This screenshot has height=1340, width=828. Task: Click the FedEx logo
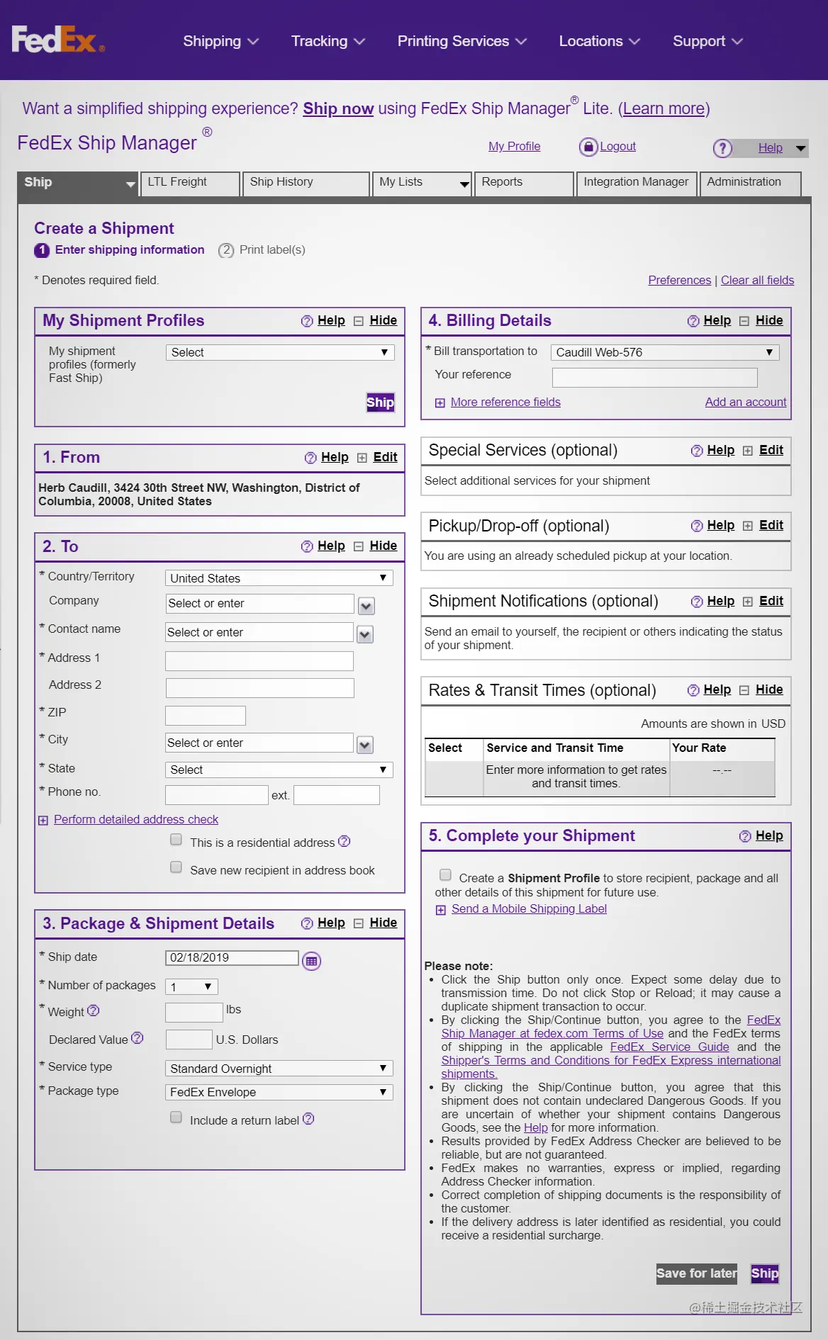[57, 40]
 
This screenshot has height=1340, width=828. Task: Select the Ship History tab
[305, 182]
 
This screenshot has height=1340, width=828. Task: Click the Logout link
[617, 147]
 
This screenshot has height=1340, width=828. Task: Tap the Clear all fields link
[757, 281]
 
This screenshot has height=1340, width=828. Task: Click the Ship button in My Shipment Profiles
[380, 402]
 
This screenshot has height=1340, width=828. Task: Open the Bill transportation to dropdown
[664, 352]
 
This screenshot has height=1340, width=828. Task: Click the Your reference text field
[654, 377]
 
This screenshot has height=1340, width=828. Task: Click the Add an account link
[745, 402]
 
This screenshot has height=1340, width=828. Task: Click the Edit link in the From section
[385, 458]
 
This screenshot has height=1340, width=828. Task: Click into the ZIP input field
[206, 716]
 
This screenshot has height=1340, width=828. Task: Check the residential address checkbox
[177, 840]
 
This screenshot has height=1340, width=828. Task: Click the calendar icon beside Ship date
[311, 961]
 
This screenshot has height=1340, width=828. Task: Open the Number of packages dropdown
[191, 986]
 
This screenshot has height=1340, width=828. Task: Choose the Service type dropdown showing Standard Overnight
[279, 1069]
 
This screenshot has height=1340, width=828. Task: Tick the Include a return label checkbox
[177, 1117]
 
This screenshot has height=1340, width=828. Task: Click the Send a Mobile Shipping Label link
[529, 909]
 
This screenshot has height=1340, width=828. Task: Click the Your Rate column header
[699, 748]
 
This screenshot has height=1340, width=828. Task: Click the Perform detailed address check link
[136, 820]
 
